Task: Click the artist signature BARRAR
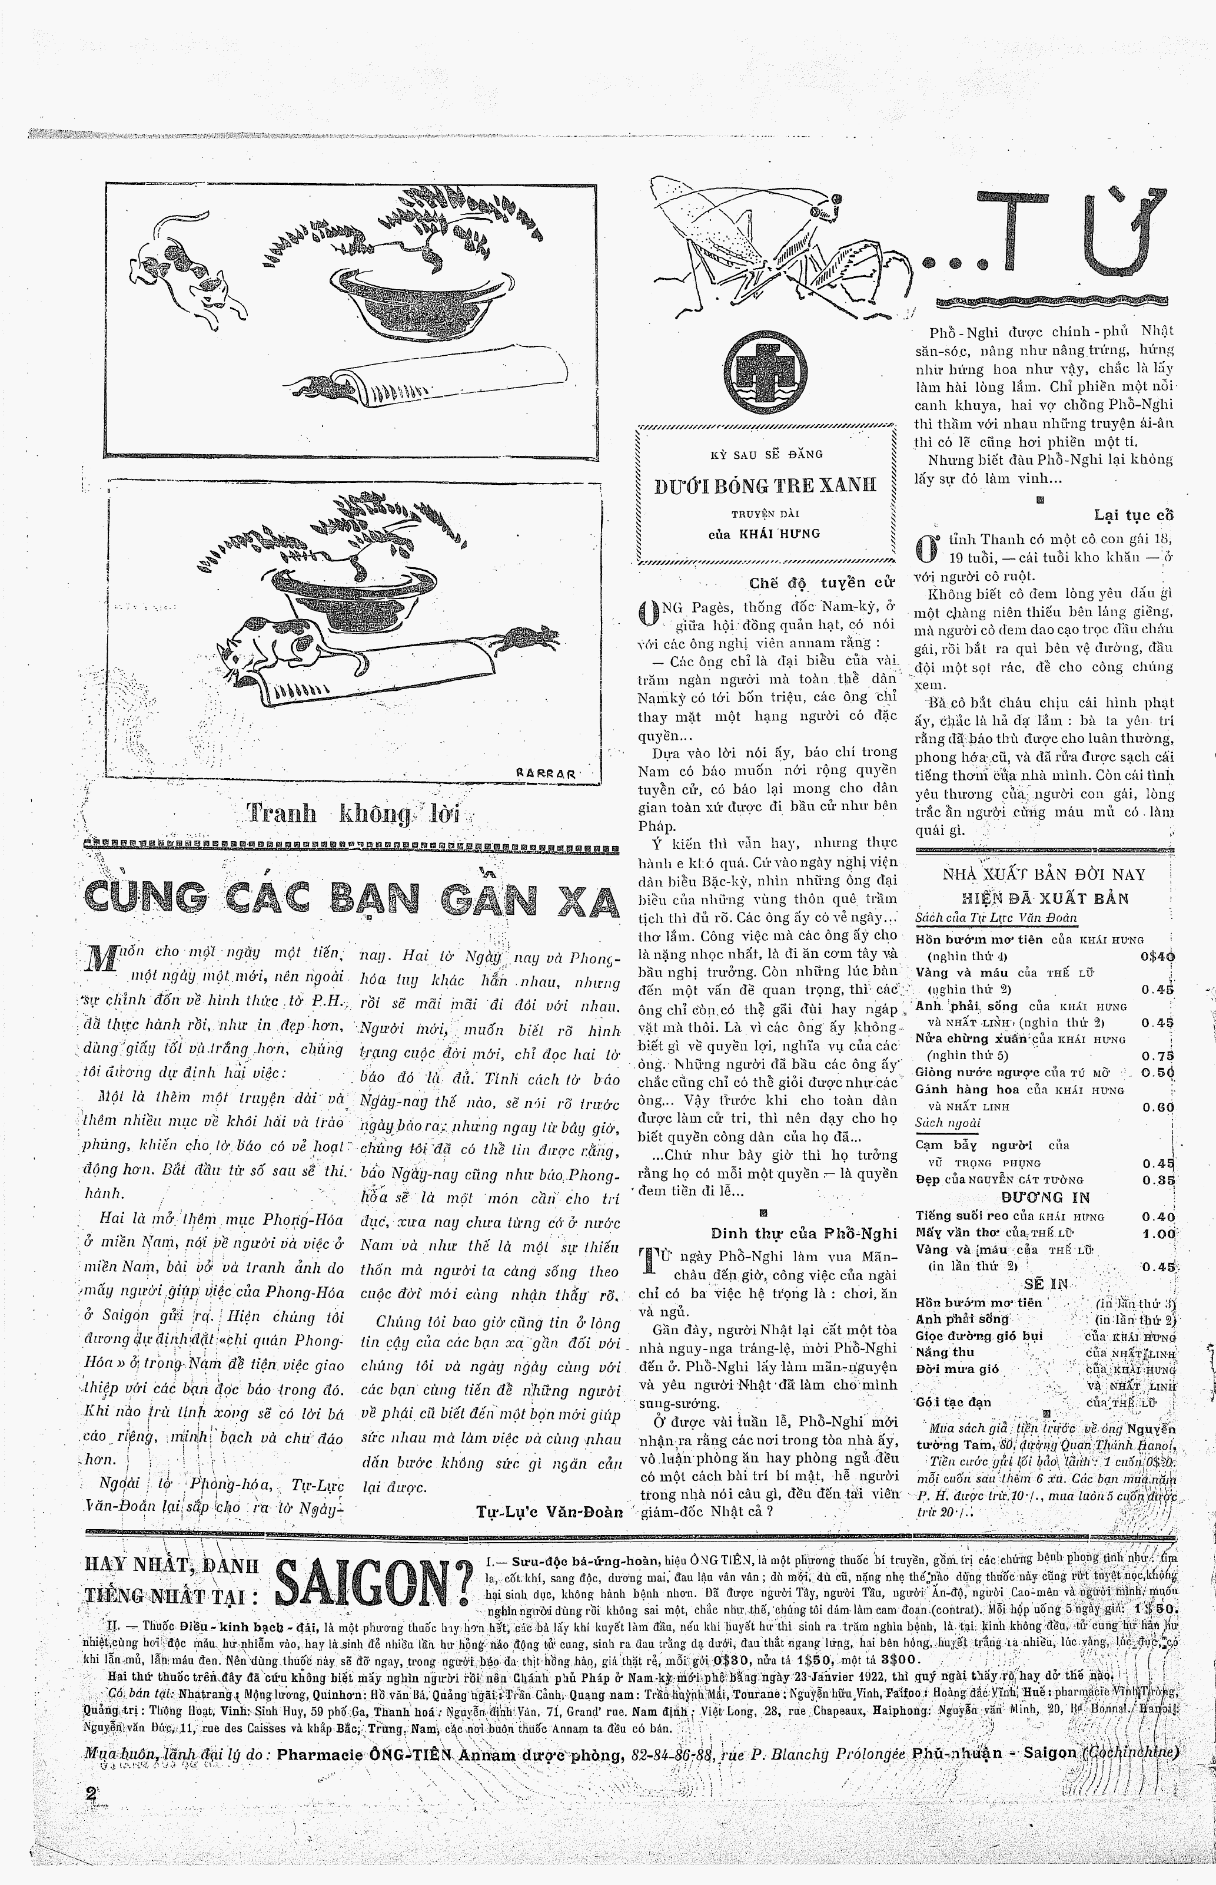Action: [546, 774]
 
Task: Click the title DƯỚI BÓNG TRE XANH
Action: [765, 486]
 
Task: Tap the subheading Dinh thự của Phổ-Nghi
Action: [804, 1233]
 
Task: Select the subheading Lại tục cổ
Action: [1133, 515]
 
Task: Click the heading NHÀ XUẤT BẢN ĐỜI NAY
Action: [1044, 875]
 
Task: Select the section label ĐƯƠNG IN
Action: [1044, 1198]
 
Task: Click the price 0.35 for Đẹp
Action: [1158, 1180]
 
